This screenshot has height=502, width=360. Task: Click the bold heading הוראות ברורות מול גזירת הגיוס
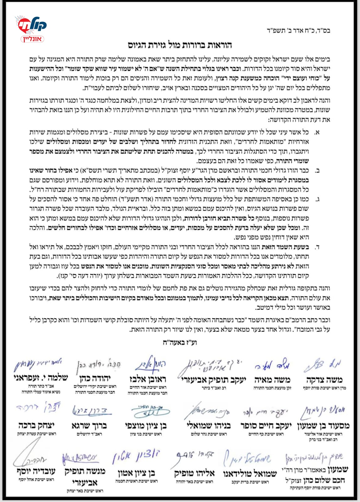tap(180, 45)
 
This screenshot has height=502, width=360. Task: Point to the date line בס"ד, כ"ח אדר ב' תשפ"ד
tap(298, 31)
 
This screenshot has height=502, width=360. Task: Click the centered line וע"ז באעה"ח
tap(180, 342)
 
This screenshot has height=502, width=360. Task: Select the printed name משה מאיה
tap(272, 380)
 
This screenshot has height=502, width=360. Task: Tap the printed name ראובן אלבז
tap(148, 379)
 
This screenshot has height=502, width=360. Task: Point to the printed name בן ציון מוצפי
tap(146, 426)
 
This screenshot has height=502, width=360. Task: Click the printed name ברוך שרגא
tap(89, 426)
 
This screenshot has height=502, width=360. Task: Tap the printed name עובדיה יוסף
tap(36, 471)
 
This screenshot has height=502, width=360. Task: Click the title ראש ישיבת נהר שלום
tap(209, 434)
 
